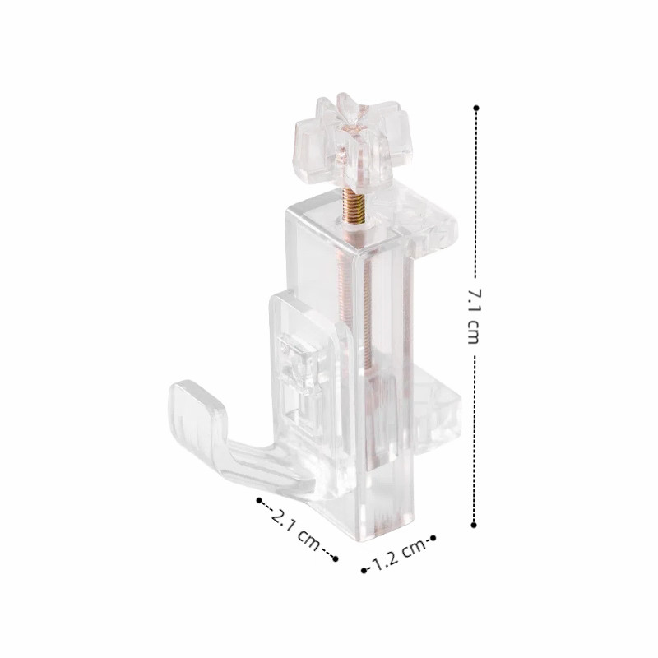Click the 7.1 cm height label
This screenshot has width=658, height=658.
pos(473,316)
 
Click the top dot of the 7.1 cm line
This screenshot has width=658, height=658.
pos(476,108)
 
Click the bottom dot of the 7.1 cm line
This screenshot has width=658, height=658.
pos(474,525)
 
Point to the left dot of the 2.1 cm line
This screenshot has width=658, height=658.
pos(259,500)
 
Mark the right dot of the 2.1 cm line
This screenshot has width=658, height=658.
pos(335,558)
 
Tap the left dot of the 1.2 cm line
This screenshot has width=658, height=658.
pos(364,570)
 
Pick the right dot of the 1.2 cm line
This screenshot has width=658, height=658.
pos(433,538)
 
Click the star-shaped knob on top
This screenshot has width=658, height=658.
pos(353,141)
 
